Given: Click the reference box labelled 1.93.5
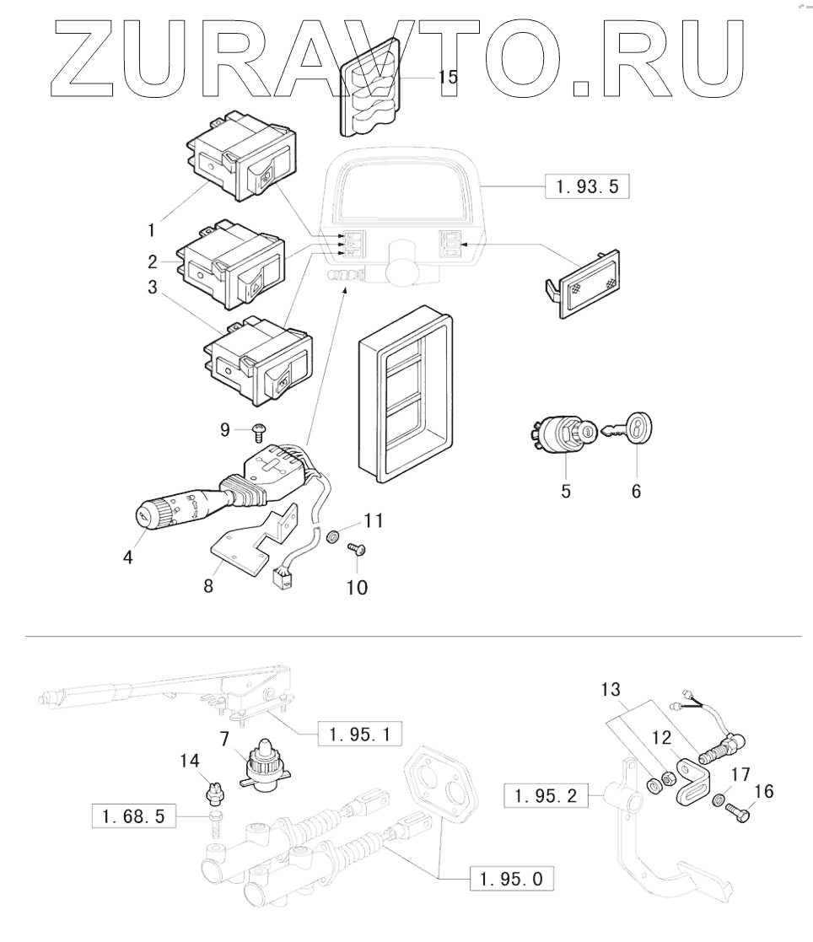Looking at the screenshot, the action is (x=588, y=186).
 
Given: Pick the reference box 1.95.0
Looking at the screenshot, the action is (x=512, y=880).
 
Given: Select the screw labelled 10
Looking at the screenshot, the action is (x=356, y=549).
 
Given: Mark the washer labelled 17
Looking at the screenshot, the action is (x=718, y=799).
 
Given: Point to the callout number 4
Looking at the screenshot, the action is (x=128, y=557).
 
